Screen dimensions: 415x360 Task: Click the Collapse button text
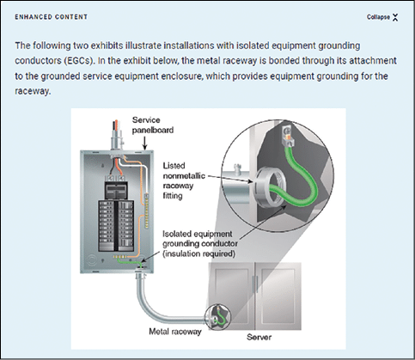pyautogui.click(x=378, y=17)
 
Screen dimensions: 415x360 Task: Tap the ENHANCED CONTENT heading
pyautogui.click(x=52, y=17)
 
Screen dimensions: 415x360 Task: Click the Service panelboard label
pyautogui.click(x=153, y=125)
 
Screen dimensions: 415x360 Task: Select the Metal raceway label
pyautogui.click(x=175, y=332)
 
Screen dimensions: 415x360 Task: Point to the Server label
pyautogui.click(x=259, y=337)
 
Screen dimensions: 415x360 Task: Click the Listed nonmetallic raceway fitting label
pyautogui.click(x=184, y=180)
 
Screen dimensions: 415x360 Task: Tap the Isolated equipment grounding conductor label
pyautogui.click(x=200, y=244)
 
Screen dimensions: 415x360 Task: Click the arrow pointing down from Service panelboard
pyautogui.click(x=145, y=143)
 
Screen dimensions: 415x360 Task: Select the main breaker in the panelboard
pyautogui.click(x=116, y=190)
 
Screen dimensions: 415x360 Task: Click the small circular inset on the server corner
pyautogui.click(x=217, y=316)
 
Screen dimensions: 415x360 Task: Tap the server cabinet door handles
pyautogui.click(x=255, y=284)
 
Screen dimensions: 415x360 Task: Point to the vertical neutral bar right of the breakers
pyautogui.click(x=147, y=211)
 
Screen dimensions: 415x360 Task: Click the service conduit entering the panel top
pyautogui.click(x=116, y=137)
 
